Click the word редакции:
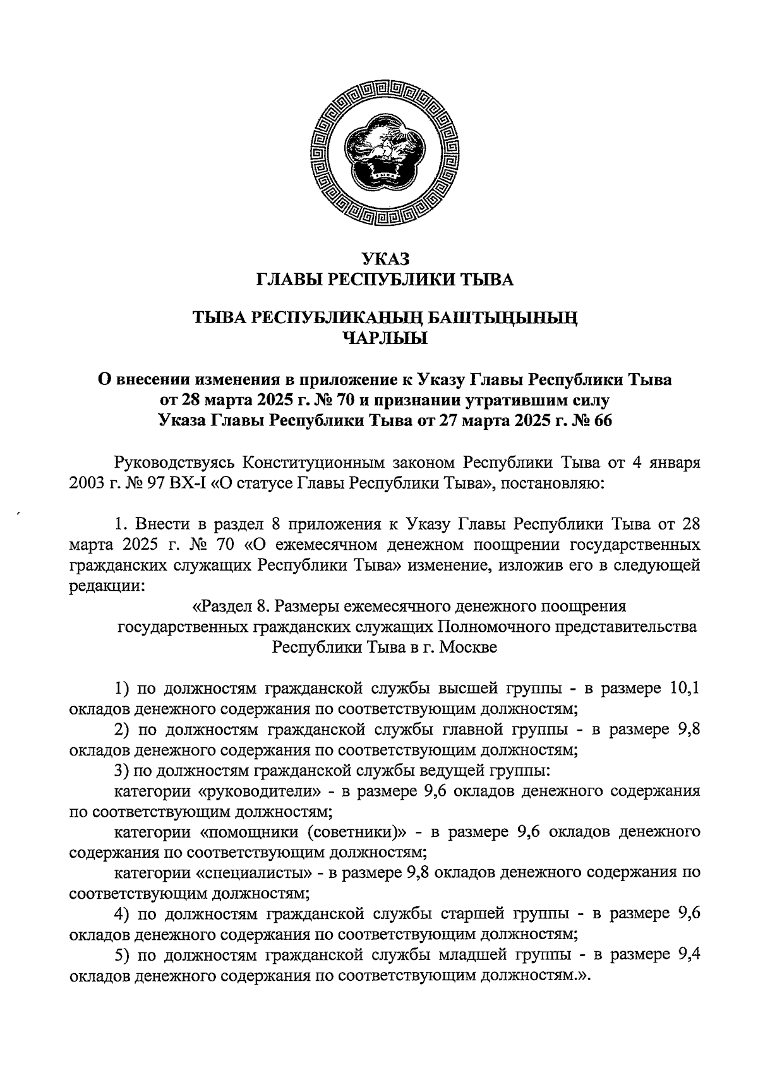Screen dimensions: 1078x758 coord(107,586)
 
